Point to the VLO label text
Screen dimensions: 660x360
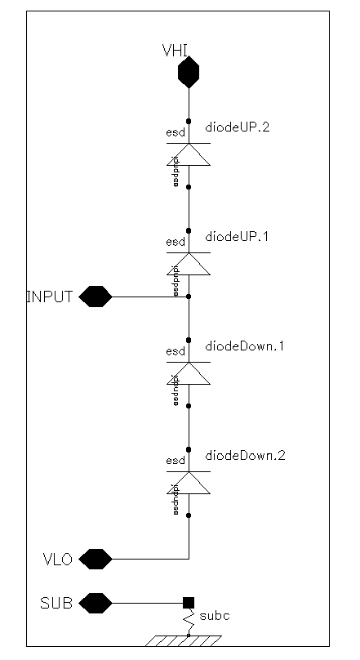[58, 560]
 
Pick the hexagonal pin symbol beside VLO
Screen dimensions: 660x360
[98, 560]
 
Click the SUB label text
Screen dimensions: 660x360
[56, 604]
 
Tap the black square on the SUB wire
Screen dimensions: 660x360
[189, 604]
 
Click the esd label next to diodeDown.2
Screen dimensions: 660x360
[175, 460]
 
